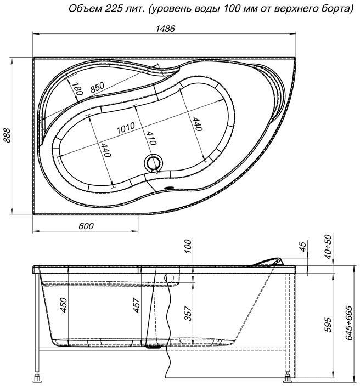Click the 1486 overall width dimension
pyautogui.click(x=165, y=29)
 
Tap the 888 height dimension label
pyautogui.click(x=7, y=135)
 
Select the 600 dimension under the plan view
pyautogui.click(x=86, y=226)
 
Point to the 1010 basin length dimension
pyautogui.click(x=126, y=128)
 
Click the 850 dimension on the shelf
pyautogui.click(x=98, y=87)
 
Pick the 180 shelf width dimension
pyautogui.click(x=77, y=89)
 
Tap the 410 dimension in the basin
pyautogui.click(x=150, y=138)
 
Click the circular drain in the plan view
pyautogui.click(x=153, y=163)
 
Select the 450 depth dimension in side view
pyautogui.click(x=64, y=305)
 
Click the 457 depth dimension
pyautogui.click(x=137, y=305)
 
